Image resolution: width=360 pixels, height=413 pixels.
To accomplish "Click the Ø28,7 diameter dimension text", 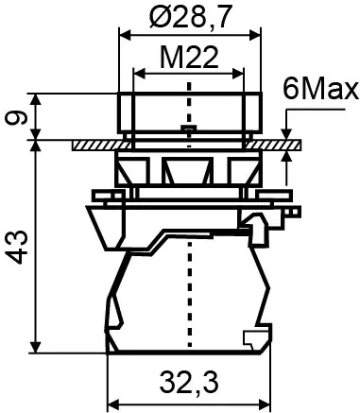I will (x=189, y=17).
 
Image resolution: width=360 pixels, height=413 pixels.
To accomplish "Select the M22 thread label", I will (x=189, y=60).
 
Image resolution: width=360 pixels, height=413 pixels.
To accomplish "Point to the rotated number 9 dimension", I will (x=13, y=116).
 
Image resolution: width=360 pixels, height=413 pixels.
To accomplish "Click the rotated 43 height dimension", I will (x=13, y=248).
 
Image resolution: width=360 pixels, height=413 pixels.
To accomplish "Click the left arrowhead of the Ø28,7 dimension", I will (x=122, y=32).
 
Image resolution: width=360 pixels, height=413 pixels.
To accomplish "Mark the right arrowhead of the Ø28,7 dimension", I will (x=256, y=32).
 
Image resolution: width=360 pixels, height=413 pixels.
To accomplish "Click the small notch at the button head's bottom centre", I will (x=189, y=129).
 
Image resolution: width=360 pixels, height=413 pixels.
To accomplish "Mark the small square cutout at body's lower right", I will (x=251, y=337).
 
